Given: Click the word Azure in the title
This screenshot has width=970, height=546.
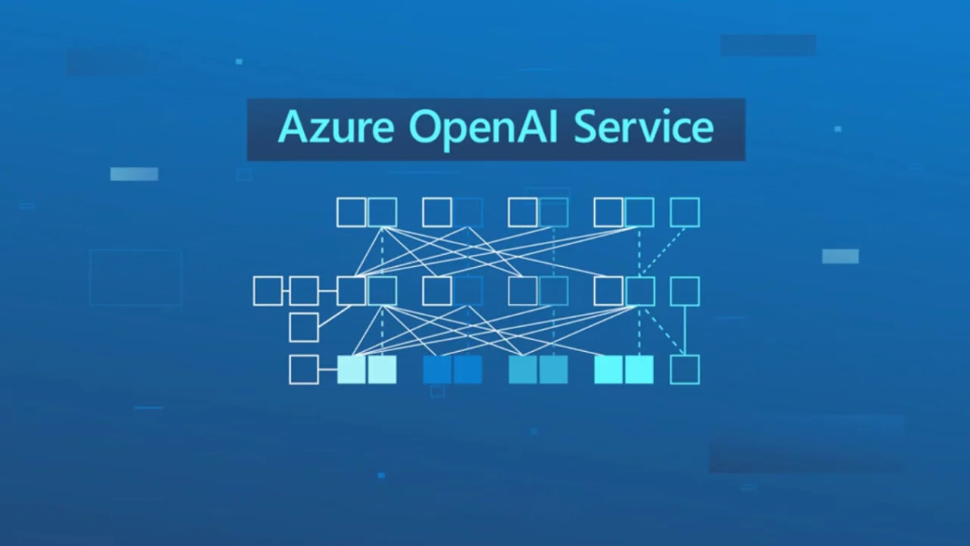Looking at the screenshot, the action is coord(336,127).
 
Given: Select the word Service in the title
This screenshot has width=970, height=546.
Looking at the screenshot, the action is coord(643,127).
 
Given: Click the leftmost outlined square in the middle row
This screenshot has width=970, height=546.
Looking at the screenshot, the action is coord(268,291).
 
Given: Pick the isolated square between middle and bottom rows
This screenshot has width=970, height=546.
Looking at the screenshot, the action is coord(304,327).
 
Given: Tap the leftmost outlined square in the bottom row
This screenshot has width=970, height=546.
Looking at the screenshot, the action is coord(304,369).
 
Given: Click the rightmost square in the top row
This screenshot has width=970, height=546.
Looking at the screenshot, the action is coord(685,212).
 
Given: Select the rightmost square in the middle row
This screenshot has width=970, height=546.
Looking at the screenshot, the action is coord(685,291).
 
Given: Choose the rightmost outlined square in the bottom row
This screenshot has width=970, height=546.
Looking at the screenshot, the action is coord(685,369).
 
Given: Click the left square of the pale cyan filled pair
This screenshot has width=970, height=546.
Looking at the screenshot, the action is coord(351,369).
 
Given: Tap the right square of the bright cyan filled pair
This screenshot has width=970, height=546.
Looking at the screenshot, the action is coord(639,369).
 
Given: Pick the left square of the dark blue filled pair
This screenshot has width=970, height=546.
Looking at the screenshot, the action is coord(437,369).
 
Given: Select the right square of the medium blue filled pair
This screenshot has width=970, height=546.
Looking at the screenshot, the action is coord(553,369).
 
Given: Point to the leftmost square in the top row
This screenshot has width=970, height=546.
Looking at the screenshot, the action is coord(351,212).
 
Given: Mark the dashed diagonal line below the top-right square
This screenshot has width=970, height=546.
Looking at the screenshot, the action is coord(662,252).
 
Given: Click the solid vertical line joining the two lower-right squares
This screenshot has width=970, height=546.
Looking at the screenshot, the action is coord(685,331).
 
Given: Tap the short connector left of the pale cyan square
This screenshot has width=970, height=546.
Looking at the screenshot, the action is coord(328,369).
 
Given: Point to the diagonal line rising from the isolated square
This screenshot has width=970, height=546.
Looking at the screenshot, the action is coord(334,316).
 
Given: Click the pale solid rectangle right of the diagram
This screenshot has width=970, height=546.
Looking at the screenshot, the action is coord(840,256).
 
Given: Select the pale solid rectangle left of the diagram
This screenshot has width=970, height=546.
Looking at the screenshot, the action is coord(134,174).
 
